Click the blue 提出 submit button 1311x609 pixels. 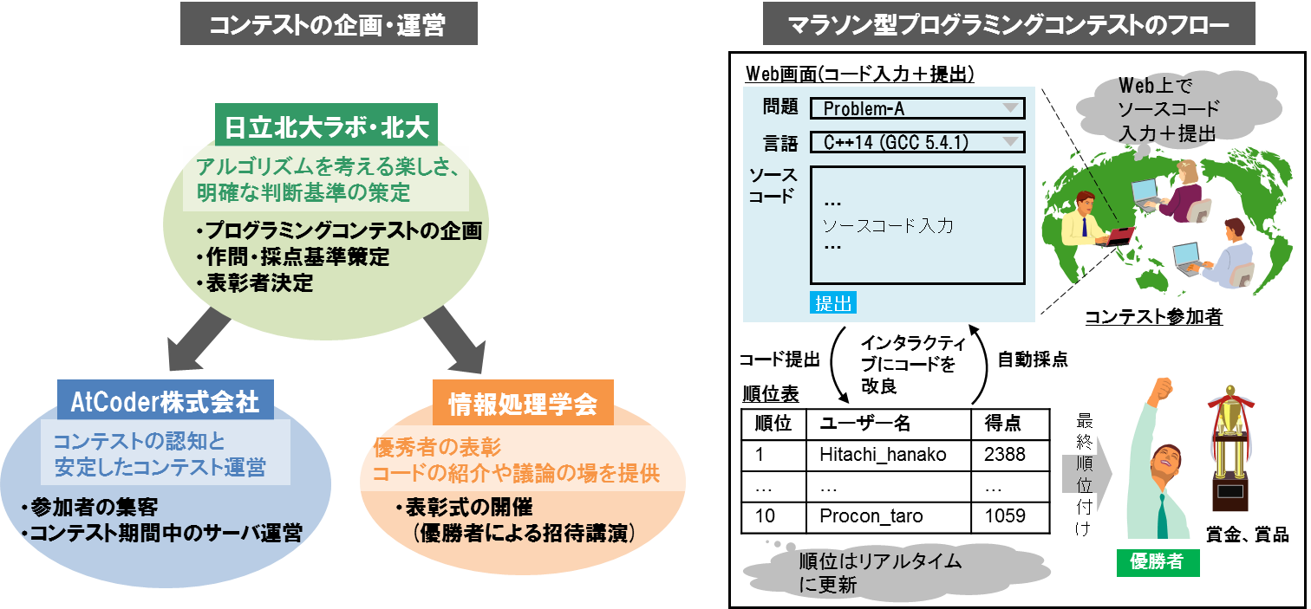(833, 302)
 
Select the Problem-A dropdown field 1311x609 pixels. (917, 108)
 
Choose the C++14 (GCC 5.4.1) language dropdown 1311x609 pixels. (917, 142)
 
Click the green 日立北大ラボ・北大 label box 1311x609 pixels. (327, 125)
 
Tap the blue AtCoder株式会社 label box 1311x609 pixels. (166, 400)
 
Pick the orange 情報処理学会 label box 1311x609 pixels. (523, 403)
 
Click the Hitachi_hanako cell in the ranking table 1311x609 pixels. (889, 455)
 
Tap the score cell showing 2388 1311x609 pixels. (1010, 455)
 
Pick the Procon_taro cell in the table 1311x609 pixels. (889, 516)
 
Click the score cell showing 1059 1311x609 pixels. (1010, 516)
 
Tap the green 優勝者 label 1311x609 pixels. (1158, 562)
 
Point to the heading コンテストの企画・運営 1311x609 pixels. (329, 24)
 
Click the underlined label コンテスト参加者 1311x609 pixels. (1153, 316)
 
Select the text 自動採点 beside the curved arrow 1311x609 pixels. (1033, 359)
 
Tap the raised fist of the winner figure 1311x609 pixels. (1161, 387)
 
